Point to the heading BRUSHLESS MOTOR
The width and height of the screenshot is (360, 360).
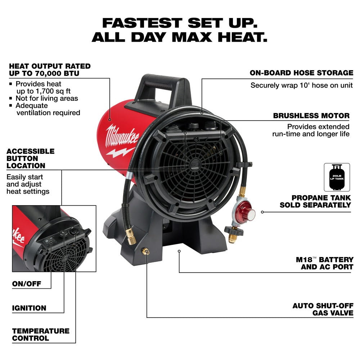[x=311, y=116]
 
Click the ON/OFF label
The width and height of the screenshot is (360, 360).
[x=27, y=284]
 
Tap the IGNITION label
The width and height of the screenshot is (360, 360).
[x=29, y=308]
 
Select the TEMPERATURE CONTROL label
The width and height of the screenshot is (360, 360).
[x=41, y=334]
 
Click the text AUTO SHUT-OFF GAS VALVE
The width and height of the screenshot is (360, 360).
[x=323, y=309]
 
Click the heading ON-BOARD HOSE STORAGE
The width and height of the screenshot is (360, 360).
[x=301, y=73]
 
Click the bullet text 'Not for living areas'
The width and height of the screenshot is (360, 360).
[x=46, y=98]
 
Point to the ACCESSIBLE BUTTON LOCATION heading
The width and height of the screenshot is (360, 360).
[x=30, y=158]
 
